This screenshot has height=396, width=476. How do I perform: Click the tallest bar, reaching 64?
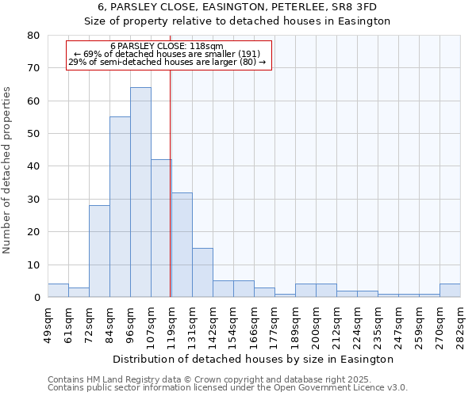(x=140, y=192)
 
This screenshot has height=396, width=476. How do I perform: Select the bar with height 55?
(x=120, y=207)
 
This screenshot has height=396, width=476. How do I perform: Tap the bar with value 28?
(x=99, y=251)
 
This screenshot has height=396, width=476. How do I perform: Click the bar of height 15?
(x=202, y=272)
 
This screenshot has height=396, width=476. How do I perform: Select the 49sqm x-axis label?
(x=48, y=321)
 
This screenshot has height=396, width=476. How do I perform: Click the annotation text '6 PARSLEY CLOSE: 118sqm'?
(x=167, y=47)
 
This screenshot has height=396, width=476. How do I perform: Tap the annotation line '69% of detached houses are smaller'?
(x=167, y=54)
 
